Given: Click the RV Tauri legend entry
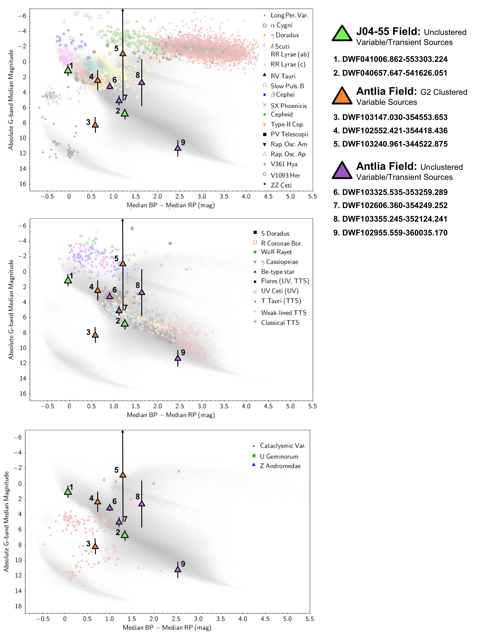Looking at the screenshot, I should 283,76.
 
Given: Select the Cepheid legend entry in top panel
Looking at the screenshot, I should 281,115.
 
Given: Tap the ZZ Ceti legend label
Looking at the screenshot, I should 281,185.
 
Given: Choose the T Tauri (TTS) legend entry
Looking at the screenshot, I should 281,301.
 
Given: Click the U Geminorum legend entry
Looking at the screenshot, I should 279,456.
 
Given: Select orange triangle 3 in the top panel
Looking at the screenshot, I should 95,125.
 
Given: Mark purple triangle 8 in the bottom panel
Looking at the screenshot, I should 142,504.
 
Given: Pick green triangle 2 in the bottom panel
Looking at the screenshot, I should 125,535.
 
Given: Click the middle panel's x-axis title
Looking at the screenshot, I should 171,415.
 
